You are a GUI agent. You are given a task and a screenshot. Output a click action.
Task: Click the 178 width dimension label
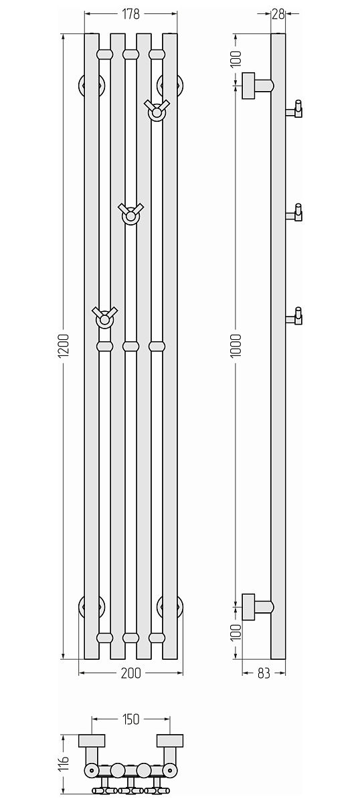(130, 14)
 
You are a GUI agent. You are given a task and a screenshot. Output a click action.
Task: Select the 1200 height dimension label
(64, 345)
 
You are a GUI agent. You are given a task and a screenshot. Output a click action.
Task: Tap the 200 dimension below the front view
(131, 673)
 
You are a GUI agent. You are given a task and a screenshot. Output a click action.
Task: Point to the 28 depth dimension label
(278, 14)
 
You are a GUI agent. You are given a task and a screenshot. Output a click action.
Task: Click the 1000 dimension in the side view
(236, 345)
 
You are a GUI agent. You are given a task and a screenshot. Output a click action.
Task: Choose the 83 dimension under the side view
(264, 673)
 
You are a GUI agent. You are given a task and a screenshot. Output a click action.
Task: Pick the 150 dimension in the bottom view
(130, 719)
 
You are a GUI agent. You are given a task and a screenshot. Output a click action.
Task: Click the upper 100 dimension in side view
(236, 59)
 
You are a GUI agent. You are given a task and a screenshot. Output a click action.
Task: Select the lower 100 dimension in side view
(236, 632)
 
